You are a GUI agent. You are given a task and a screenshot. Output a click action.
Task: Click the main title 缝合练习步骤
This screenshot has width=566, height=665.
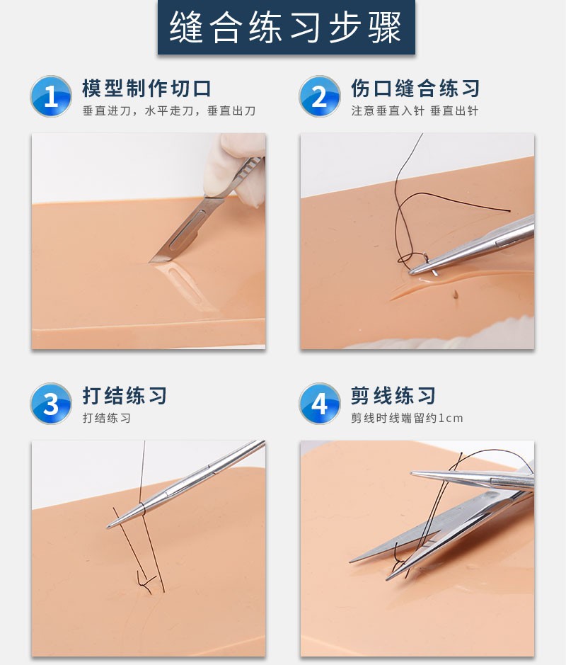point(285,28)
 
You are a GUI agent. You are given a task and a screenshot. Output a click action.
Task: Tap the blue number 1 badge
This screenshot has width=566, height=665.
point(51,96)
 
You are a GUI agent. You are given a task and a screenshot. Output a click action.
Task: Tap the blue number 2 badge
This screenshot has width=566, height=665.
point(320,96)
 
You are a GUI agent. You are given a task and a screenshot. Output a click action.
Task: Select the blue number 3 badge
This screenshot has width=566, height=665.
point(51,404)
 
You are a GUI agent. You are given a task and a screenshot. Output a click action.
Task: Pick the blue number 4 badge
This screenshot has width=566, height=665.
point(320,404)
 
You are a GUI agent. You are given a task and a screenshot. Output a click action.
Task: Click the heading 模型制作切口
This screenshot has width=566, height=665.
point(146,89)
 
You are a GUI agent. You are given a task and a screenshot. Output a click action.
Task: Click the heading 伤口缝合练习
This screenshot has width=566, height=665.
point(415,89)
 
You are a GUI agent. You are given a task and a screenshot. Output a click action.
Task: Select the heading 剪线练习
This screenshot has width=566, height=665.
point(393,395)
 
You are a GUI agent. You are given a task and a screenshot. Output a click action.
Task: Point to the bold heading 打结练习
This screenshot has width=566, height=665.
point(125,395)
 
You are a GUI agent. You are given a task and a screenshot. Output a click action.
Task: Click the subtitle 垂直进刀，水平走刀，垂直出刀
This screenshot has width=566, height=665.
point(168,111)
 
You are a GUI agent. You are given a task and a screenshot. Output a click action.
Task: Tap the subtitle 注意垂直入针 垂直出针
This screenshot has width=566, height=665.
point(415,111)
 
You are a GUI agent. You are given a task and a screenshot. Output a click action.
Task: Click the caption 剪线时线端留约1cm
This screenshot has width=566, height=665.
point(407,418)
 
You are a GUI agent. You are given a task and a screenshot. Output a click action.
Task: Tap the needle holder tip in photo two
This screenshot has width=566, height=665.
point(417,269)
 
